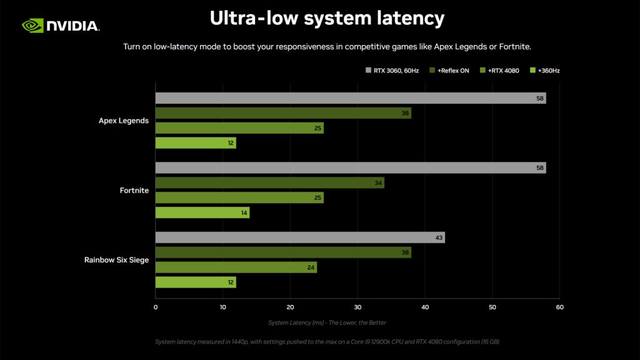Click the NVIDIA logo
61,25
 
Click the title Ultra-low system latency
327,18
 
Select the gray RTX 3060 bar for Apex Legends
350,98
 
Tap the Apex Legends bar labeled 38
282,113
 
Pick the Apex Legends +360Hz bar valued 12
195,143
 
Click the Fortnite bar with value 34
269,183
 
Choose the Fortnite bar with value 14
202,213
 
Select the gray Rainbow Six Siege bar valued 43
299,237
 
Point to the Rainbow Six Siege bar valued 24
236,267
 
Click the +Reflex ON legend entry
449,71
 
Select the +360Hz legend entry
544,71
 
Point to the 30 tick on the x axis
357,307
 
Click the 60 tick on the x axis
559,307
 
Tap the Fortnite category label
134,191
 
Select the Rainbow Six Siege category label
116,260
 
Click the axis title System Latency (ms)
327,322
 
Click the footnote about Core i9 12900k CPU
327,342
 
